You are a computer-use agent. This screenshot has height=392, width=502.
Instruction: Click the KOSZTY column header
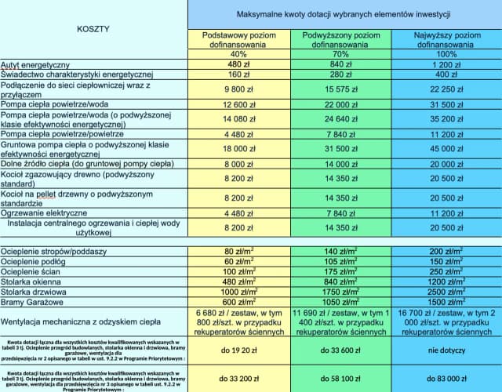click(x=93, y=28)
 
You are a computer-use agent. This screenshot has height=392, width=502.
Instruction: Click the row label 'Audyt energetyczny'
click(x=35, y=64)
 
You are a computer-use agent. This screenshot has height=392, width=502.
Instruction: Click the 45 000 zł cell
click(x=447, y=149)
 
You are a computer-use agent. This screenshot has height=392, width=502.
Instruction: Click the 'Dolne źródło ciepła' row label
click(x=87, y=164)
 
